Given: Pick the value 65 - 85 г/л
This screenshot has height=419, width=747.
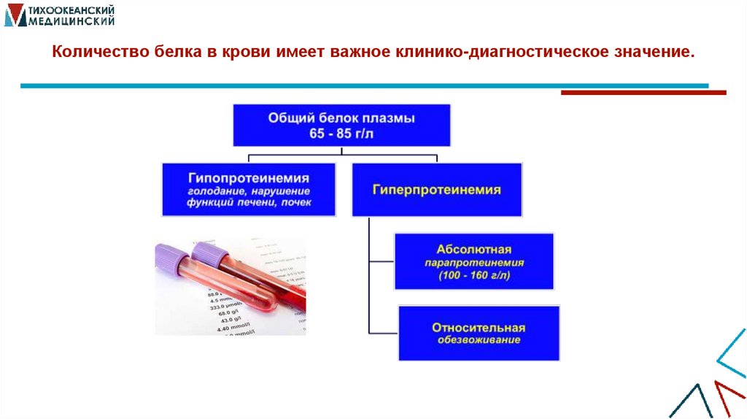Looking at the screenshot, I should [x=341, y=134].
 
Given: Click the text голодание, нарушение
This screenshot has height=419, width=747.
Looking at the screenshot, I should [x=249, y=191].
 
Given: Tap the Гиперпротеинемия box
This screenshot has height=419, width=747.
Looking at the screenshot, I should [x=436, y=190].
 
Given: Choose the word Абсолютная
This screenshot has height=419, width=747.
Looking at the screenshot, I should [x=474, y=249].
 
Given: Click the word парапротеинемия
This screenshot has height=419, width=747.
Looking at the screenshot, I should [x=474, y=262].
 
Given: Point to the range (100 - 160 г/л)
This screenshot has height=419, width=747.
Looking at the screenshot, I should [x=474, y=276].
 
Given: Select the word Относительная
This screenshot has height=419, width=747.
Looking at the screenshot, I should [x=479, y=328].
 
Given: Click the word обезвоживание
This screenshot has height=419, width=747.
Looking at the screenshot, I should [x=479, y=340].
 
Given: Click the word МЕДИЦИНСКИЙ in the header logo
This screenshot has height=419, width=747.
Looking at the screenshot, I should [x=72, y=21].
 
